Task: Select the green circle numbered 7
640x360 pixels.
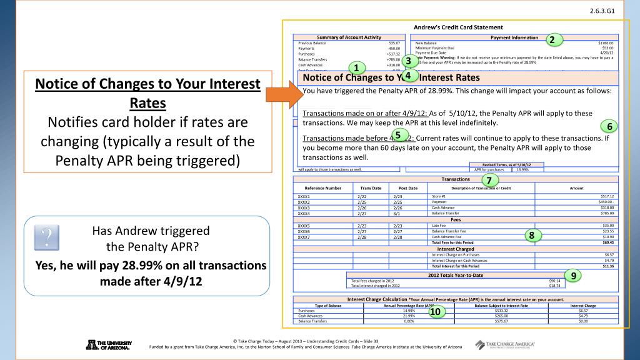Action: pyautogui.click(x=489, y=180)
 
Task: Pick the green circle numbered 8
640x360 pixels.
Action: pyautogui.click(x=531, y=236)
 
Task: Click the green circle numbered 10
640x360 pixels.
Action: pyautogui.click(x=435, y=311)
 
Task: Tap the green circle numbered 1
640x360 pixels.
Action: pyautogui.click(x=356, y=68)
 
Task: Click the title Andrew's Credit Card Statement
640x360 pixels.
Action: pyautogui.click(x=455, y=27)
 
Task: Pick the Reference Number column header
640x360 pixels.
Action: pyautogui.click(x=322, y=187)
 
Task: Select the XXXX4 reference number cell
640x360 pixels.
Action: pyautogui.click(x=306, y=213)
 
